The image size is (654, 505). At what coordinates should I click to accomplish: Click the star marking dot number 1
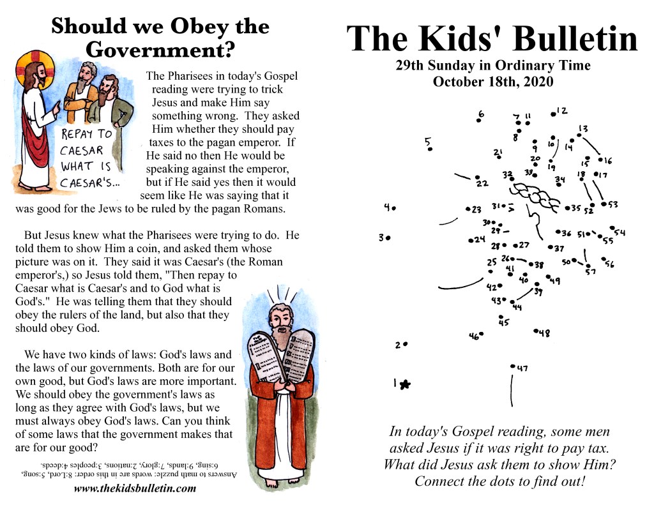405,384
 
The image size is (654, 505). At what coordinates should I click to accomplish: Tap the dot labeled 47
513,366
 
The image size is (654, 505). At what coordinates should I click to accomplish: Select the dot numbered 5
430,149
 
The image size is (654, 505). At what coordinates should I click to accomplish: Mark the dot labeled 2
406,343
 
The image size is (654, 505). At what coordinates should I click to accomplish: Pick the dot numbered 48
535,330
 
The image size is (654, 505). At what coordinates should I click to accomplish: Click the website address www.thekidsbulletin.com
135,489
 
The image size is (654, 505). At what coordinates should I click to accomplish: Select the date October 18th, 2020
492,82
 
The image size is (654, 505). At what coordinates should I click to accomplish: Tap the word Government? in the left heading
160,49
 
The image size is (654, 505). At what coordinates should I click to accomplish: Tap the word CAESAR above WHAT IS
82,151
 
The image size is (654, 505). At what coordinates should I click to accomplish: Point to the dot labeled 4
394,207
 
